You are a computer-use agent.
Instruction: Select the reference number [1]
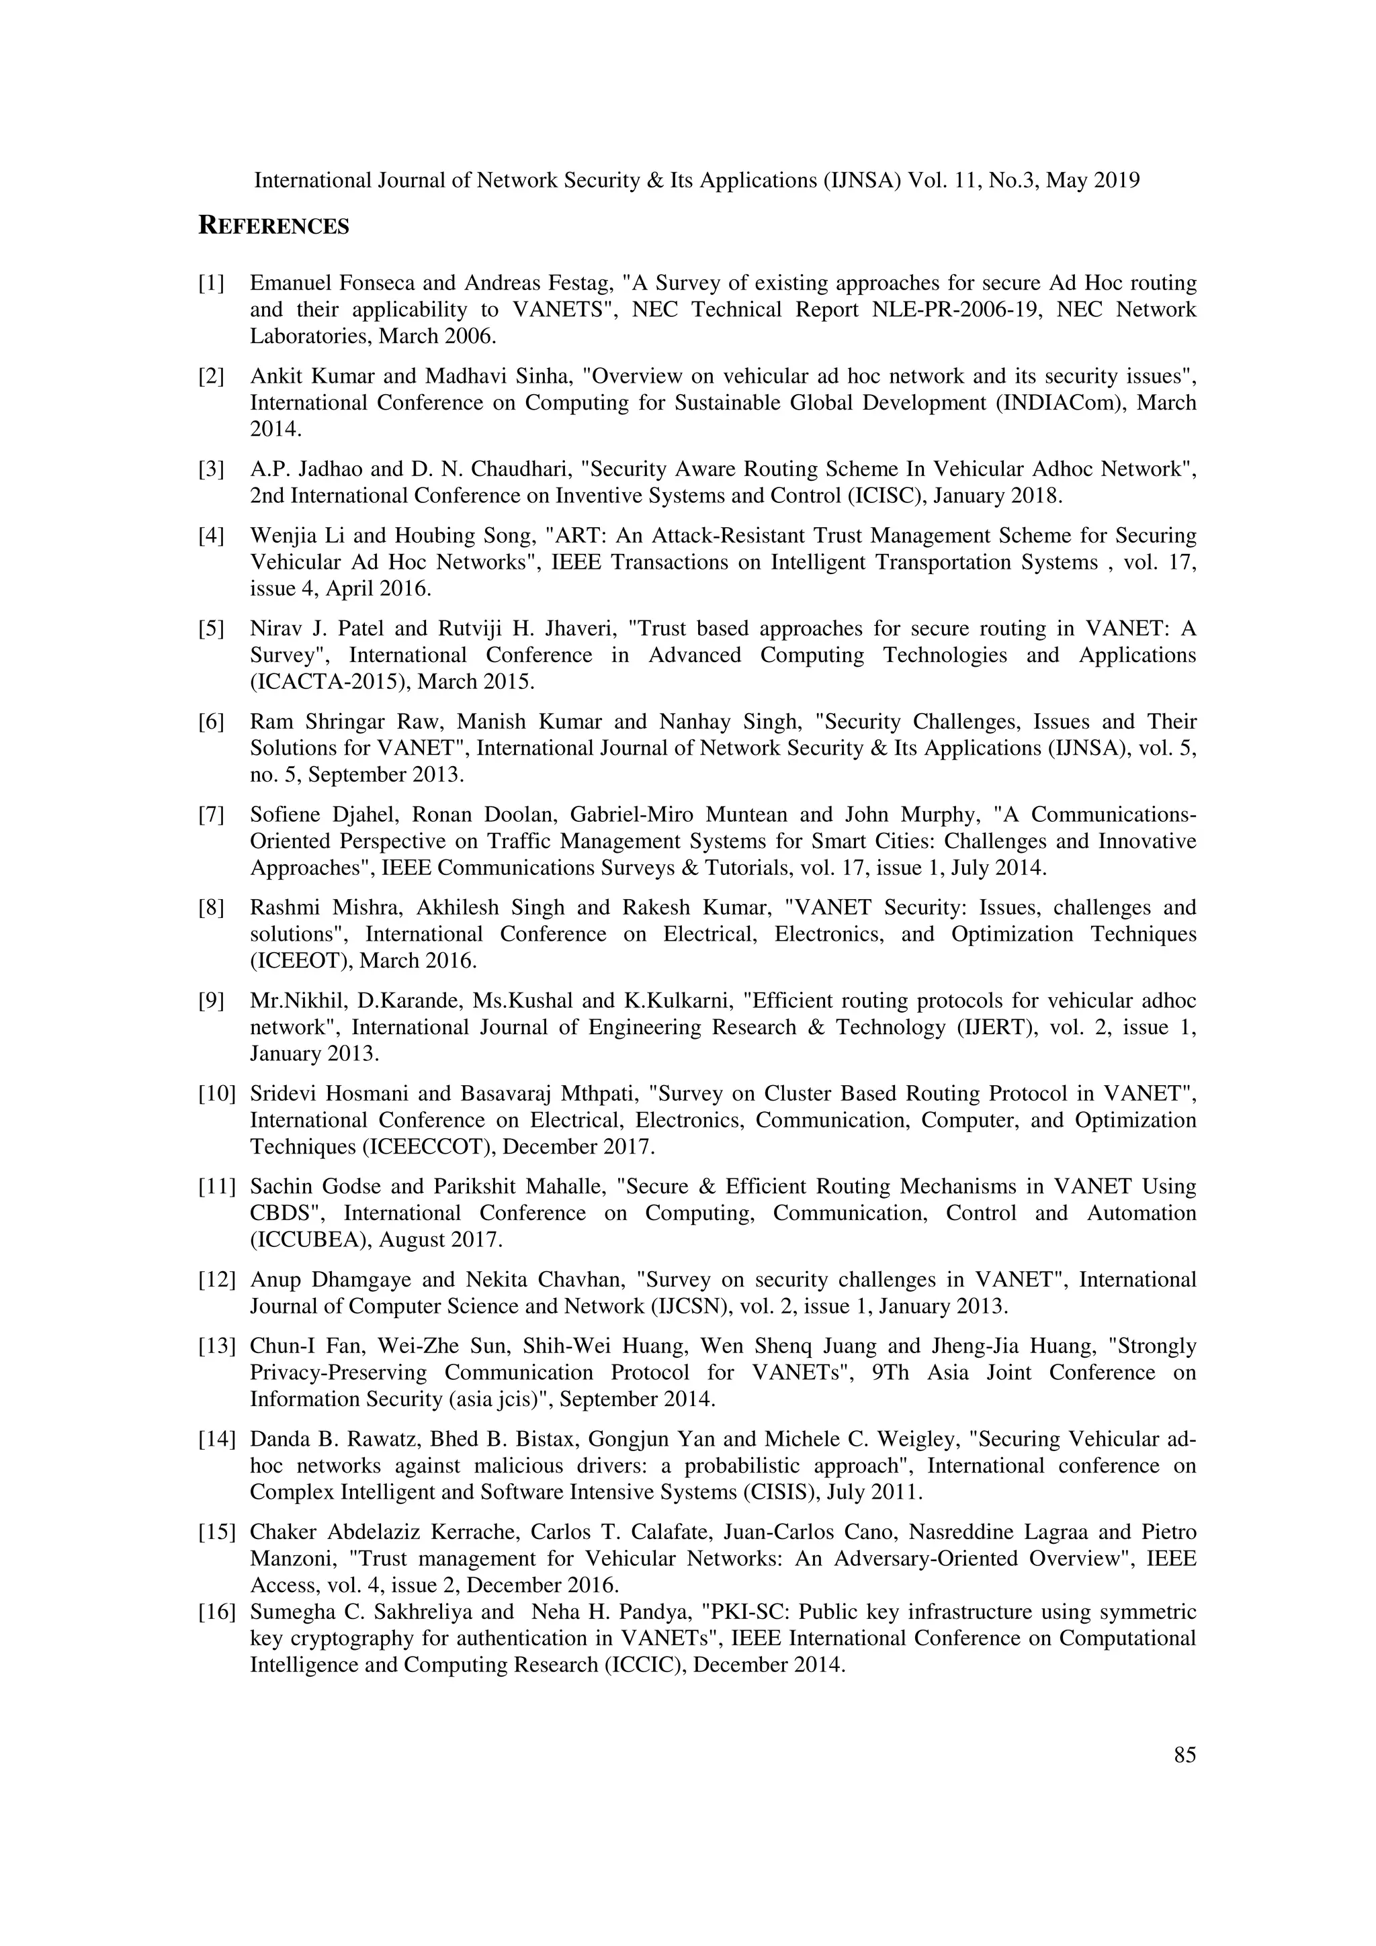coord(211,283)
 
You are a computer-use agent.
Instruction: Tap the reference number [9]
coord(211,1001)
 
